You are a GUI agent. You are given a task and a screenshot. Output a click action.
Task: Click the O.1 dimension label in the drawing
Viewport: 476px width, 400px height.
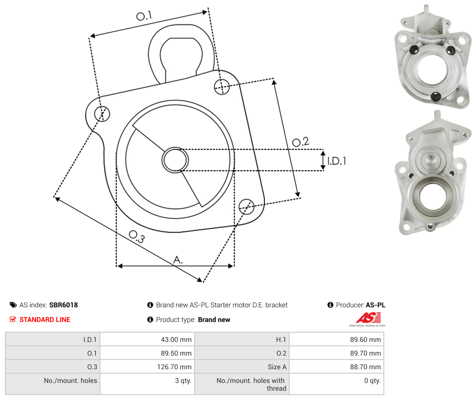[144, 16]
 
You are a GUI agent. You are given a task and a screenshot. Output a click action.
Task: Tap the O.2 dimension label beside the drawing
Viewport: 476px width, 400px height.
[300, 142]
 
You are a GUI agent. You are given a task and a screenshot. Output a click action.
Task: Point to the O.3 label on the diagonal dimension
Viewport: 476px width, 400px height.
[137, 237]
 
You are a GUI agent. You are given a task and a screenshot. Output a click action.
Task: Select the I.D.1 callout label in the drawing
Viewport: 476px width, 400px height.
[337, 160]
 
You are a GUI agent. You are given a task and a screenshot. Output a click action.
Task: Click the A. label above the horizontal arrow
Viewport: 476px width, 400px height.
[178, 260]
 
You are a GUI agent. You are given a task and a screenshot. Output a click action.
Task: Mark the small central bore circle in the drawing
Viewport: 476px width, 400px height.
[175, 160]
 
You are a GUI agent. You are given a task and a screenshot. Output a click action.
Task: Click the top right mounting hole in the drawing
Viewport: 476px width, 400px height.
[222, 86]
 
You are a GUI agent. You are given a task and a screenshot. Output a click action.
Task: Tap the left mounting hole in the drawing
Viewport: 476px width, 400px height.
[102, 114]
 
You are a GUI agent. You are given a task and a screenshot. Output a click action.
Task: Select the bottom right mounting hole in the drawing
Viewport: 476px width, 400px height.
[246, 207]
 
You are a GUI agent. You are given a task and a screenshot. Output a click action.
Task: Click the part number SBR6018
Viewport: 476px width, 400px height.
[63, 305]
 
